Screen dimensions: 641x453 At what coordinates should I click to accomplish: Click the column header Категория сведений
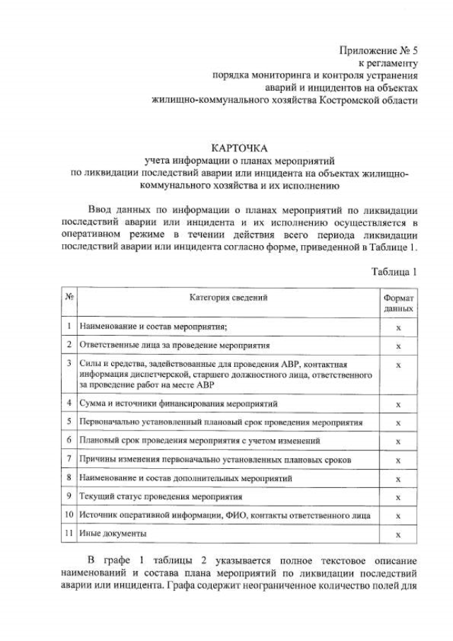(228, 298)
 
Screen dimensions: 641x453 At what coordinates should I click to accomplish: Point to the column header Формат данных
(398, 304)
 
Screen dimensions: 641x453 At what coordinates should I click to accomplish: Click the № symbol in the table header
(70, 298)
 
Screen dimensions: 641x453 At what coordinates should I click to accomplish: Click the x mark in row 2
(398, 346)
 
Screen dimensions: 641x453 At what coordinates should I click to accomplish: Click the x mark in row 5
(398, 423)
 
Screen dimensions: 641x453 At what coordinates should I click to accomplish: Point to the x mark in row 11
(398, 535)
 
